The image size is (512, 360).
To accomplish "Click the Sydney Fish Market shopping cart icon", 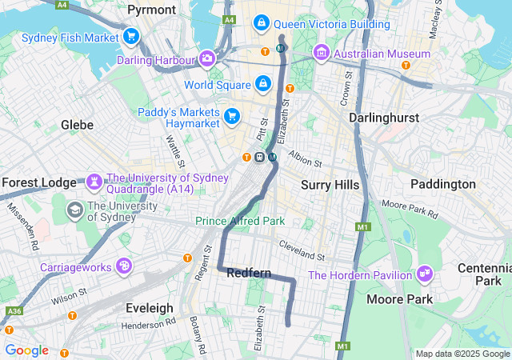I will coord(131,37).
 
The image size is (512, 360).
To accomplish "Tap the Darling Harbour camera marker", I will coord(207,59).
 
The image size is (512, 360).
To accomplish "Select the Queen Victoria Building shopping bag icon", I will coord(262,23).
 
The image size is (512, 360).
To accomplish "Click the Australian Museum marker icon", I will coord(322,54).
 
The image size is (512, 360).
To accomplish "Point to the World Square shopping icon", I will coord(263,83).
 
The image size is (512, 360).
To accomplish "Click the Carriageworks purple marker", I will coord(124,266).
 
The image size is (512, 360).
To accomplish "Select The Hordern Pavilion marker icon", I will coord(424,275).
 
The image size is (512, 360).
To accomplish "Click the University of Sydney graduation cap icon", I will coord(74,210).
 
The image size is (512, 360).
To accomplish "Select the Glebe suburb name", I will coord(77,125).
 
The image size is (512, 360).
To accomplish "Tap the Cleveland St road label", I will coord(302,251).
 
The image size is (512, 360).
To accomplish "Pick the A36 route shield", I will coord(14,310).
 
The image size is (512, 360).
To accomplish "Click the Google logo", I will coord(26,350).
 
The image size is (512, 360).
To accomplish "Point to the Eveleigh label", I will coord(149,307).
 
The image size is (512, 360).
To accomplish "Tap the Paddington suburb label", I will coord(442,184).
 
